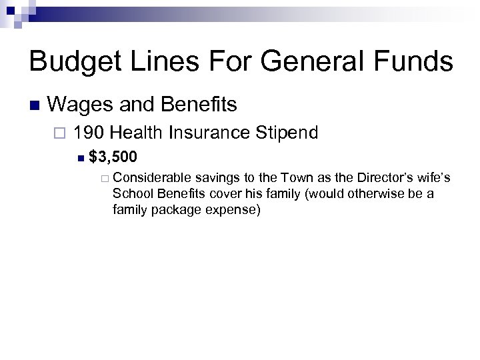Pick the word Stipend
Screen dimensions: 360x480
pos(285,133)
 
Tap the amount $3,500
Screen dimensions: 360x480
pos(113,158)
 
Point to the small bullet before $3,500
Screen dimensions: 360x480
pos(80,159)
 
